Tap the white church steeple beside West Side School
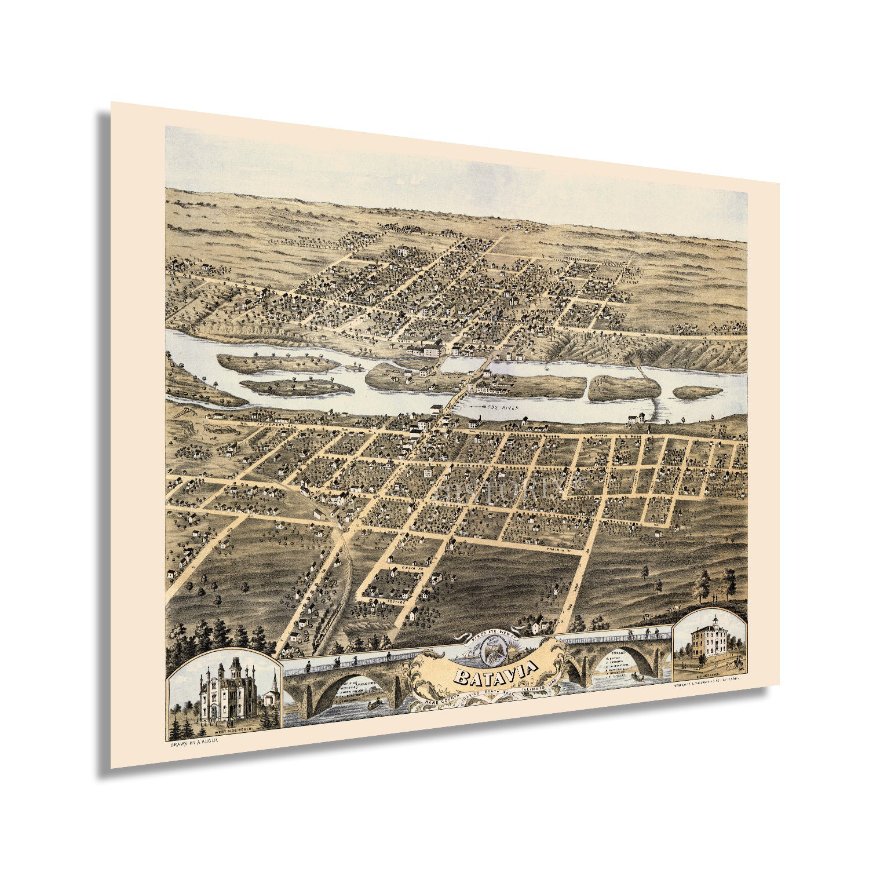(x=273, y=684)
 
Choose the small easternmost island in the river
(x=698, y=392)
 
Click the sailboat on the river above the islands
(x=547, y=368)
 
